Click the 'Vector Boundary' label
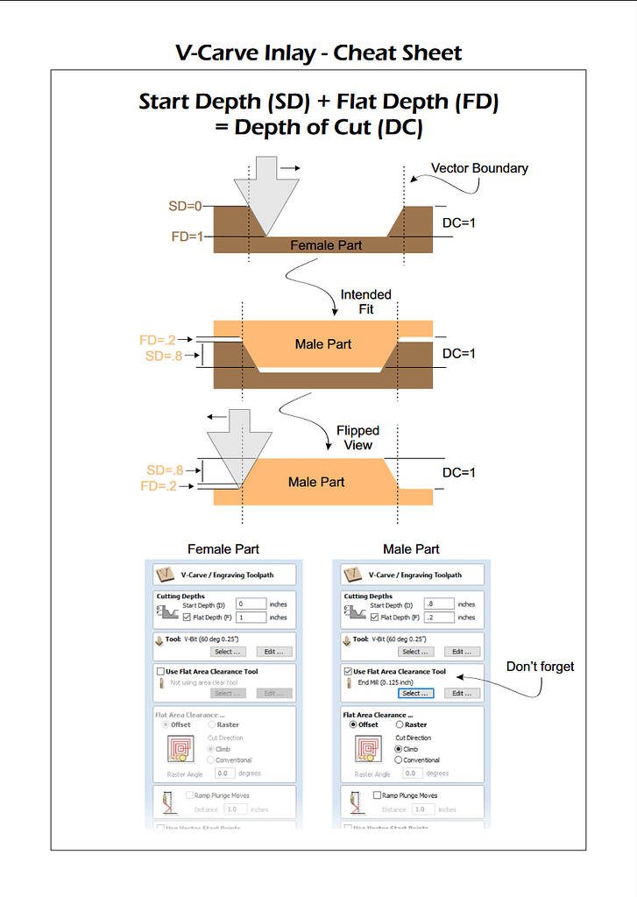(x=479, y=168)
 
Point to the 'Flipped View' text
(x=358, y=437)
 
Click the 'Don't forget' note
(x=541, y=667)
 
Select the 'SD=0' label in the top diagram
(x=186, y=207)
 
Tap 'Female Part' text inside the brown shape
(x=326, y=245)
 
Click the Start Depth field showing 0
(x=251, y=604)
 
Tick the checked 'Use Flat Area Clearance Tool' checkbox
(x=348, y=672)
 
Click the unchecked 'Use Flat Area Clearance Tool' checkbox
(x=159, y=672)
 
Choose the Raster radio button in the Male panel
(x=400, y=724)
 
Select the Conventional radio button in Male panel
(x=400, y=759)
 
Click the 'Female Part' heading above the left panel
(x=223, y=549)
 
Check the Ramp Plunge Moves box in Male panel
(x=377, y=795)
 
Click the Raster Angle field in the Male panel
(x=412, y=773)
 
